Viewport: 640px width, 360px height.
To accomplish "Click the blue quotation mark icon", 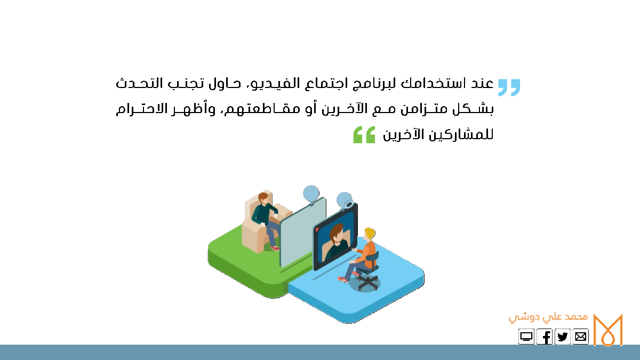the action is pyautogui.click(x=509, y=87).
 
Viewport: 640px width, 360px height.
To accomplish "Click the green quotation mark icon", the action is pyautogui.click(x=364, y=134).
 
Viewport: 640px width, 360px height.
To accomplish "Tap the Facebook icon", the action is pyautogui.click(x=545, y=337).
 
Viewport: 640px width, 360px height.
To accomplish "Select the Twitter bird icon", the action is pyautogui.click(x=562, y=337).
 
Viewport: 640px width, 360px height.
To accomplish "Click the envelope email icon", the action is pyautogui.click(x=581, y=337).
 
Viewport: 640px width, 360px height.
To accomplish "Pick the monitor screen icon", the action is pyautogui.click(x=526, y=337).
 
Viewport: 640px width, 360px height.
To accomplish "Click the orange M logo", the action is pyautogui.click(x=607, y=330).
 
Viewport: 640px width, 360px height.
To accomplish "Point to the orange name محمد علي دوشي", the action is pyautogui.click(x=548, y=318).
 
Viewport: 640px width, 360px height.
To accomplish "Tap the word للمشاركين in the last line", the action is pyautogui.click(x=461, y=134).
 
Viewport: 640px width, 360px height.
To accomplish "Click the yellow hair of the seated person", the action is pyautogui.click(x=370, y=233).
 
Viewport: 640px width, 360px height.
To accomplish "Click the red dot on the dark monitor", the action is pyautogui.click(x=317, y=229).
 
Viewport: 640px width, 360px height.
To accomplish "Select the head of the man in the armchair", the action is pyautogui.click(x=263, y=198).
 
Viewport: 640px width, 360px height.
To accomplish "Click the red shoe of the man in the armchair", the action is pyautogui.click(x=275, y=248).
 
